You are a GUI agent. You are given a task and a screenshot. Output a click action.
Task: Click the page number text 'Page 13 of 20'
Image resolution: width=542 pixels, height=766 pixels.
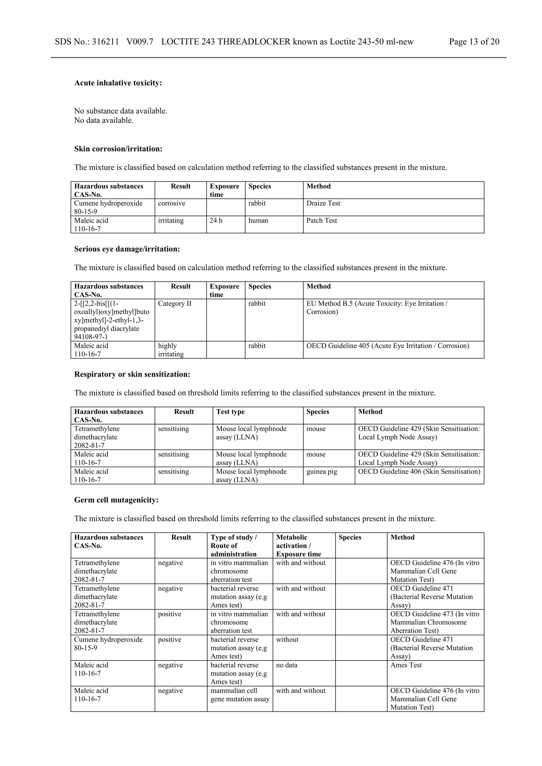tap(474, 42)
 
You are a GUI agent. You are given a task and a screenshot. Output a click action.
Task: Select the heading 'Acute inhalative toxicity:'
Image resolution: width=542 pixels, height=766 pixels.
tap(118, 83)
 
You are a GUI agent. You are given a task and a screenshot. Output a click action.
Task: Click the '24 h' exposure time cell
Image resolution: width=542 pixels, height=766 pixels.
tap(216, 221)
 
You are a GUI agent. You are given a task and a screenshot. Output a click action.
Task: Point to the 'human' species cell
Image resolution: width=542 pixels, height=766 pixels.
tap(258, 221)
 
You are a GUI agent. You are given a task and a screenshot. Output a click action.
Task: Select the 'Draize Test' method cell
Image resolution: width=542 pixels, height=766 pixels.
tap(323, 204)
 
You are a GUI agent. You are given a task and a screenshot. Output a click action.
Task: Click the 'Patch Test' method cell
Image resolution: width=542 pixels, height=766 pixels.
tap(321, 221)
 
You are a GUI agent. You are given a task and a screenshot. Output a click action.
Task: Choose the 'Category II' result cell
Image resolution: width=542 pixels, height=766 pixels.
tap(175, 304)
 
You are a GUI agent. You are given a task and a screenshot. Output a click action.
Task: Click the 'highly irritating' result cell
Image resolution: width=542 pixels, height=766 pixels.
tap(171, 350)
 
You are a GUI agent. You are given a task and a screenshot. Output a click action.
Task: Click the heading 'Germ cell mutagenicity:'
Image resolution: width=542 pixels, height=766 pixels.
tap(116, 500)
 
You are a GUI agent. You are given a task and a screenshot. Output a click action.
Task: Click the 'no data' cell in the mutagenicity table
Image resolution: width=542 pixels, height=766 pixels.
tap(287, 665)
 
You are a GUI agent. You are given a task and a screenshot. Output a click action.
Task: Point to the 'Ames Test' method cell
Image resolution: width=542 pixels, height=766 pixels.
tap(406, 665)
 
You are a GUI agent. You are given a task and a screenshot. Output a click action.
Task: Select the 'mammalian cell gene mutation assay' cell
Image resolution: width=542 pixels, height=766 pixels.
tap(240, 695)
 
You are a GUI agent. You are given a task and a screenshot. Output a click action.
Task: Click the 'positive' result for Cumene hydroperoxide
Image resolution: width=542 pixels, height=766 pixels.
tap(169, 640)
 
